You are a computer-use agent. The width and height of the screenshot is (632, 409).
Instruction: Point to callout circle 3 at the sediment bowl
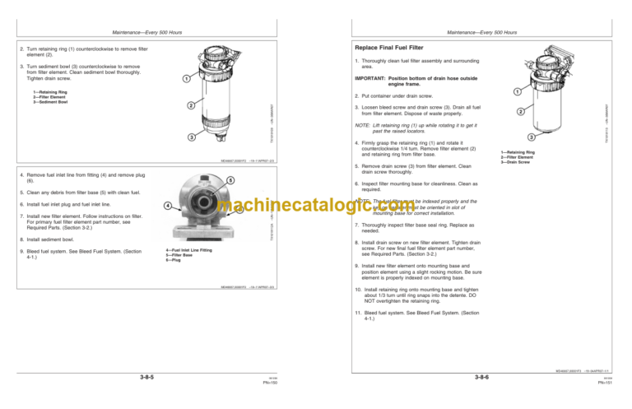click(191, 136)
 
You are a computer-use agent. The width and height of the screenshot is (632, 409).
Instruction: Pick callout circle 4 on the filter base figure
click(168, 205)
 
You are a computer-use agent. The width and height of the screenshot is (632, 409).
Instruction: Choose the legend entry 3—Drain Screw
click(518, 162)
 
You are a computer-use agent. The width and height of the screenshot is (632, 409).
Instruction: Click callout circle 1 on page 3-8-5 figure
click(186, 79)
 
